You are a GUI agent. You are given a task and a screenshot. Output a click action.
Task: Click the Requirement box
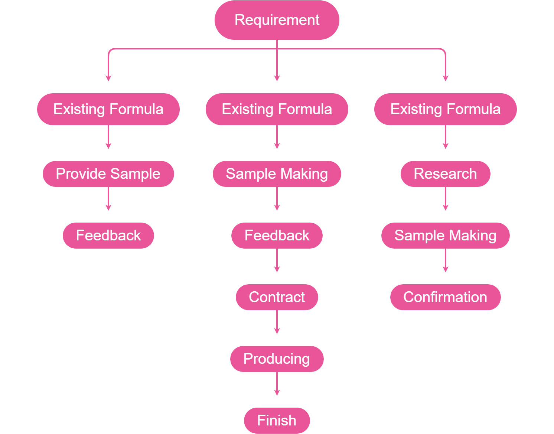[x=277, y=20]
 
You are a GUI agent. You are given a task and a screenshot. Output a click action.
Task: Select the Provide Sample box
[x=108, y=174]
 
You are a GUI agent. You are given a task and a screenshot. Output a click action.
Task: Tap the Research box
[x=445, y=174]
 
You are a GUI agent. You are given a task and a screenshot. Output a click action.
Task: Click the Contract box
[x=277, y=297]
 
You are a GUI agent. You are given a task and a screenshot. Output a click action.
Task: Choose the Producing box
[x=277, y=359]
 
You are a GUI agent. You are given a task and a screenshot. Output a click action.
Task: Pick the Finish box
[x=277, y=421]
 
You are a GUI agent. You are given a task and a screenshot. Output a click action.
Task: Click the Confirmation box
[x=445, y=297]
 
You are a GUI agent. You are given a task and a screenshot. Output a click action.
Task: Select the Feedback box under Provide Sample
[x=108, y=236]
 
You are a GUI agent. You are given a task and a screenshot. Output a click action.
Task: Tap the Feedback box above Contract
[x=277, y=236]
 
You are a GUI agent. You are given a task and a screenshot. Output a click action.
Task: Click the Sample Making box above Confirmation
[x=445, y=236]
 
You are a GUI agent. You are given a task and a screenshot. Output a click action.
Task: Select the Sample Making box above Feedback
[x=277, y=174]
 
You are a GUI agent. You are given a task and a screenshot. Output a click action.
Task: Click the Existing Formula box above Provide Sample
[x=108, y=109]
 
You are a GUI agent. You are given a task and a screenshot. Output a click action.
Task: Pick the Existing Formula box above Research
[x=445, y=109]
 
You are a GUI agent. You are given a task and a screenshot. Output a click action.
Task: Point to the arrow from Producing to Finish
[x=277, y=383]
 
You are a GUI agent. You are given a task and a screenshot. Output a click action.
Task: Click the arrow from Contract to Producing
[x=277, y=322]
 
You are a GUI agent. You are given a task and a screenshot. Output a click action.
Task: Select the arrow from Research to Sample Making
[x=446, y=198]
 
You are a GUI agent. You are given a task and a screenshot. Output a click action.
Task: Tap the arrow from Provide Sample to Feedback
[x=108, y=198]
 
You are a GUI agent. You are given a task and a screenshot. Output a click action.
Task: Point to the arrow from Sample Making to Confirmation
[x=446, y=260]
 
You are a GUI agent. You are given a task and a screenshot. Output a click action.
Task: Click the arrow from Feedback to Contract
[x=277, y=260]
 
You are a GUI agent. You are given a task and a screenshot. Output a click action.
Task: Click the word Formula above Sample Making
[x=305, y=109]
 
